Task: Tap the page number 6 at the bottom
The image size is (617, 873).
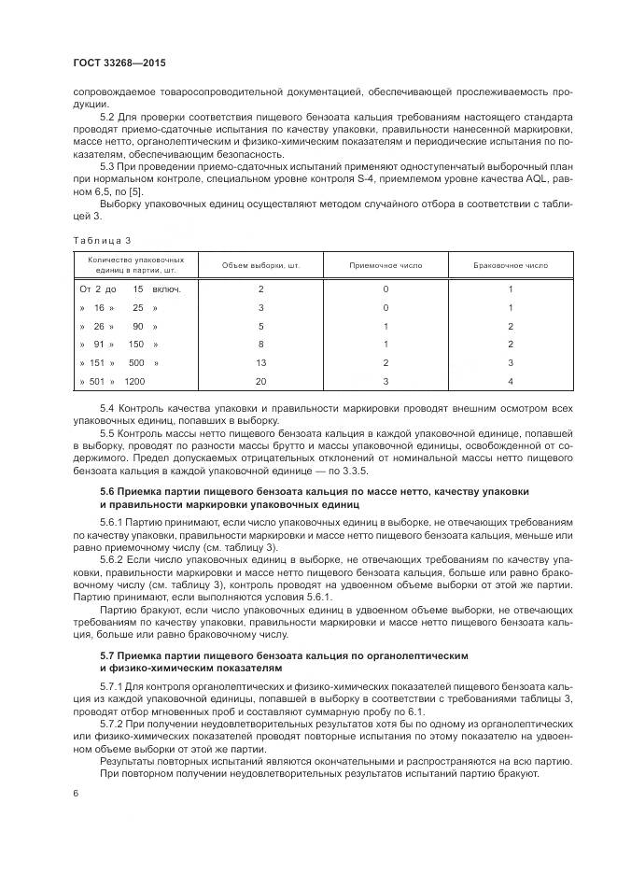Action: pyautogui.click(x=74, y=792)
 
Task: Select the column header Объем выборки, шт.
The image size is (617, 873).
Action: pyautogui.click(x=260, y=265)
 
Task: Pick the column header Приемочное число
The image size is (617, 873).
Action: pyautogui.click(x=386, y=265)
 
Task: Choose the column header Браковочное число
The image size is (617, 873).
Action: pyautogui.click(x=511, y=265)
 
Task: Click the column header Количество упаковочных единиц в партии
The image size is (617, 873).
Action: pyautogui.click(x=135, y=265)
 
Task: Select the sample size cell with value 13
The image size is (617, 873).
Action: pyautogui.click(x=260, y=362)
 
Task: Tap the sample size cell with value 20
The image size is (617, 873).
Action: pyautogui.click(x=260, y=382)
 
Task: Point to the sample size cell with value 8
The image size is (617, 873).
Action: pyautogui.click(x=260, y=344)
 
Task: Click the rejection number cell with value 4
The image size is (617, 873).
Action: pyautogui.click(x=511, y=382)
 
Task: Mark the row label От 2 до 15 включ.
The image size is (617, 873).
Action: pyautogui.click(x=130, y=289)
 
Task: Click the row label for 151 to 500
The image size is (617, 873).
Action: pyautogui.click(x=119, y=362)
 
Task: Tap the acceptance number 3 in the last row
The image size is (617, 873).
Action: pyautogui.click(x=386, y=382)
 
